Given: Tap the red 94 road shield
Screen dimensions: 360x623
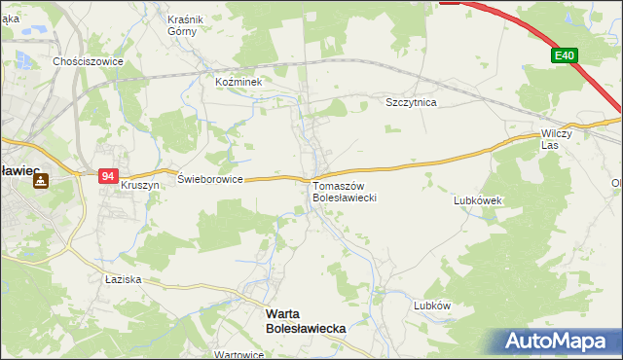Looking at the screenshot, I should point(108,176).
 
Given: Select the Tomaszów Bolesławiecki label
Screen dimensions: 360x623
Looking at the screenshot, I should point(344,192).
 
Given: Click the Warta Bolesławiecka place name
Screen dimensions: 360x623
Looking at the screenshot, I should point(306,322).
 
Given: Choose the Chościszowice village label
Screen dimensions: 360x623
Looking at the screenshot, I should point(87,60).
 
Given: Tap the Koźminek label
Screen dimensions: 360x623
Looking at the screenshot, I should point(239,83).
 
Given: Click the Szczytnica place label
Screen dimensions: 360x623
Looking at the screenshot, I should point(412,101).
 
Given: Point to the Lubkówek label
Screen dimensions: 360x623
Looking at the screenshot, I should point(477,200).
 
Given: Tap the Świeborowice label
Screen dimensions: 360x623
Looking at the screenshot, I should point(210,180).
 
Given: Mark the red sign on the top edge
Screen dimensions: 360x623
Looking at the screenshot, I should point(450,2).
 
